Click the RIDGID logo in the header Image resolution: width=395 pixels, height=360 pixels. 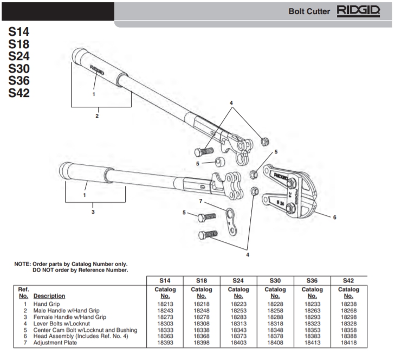[358, 11]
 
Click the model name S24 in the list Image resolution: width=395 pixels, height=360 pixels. [19, 56]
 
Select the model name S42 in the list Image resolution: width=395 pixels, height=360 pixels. [19, 93]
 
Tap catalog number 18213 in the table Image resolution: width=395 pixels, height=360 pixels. [165, 305]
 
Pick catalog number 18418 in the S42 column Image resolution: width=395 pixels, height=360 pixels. [348, 343]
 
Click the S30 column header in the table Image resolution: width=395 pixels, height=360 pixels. [275, 280]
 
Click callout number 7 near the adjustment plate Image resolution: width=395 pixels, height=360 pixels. [200, 201]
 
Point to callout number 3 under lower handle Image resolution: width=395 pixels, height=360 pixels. [93, 211]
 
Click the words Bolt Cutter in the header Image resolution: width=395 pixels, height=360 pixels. [309, 11]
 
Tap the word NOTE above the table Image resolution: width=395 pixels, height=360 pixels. [23, 264]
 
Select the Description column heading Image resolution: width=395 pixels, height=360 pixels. [49, 296]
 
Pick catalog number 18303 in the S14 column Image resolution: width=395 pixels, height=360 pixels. [165, 324]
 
